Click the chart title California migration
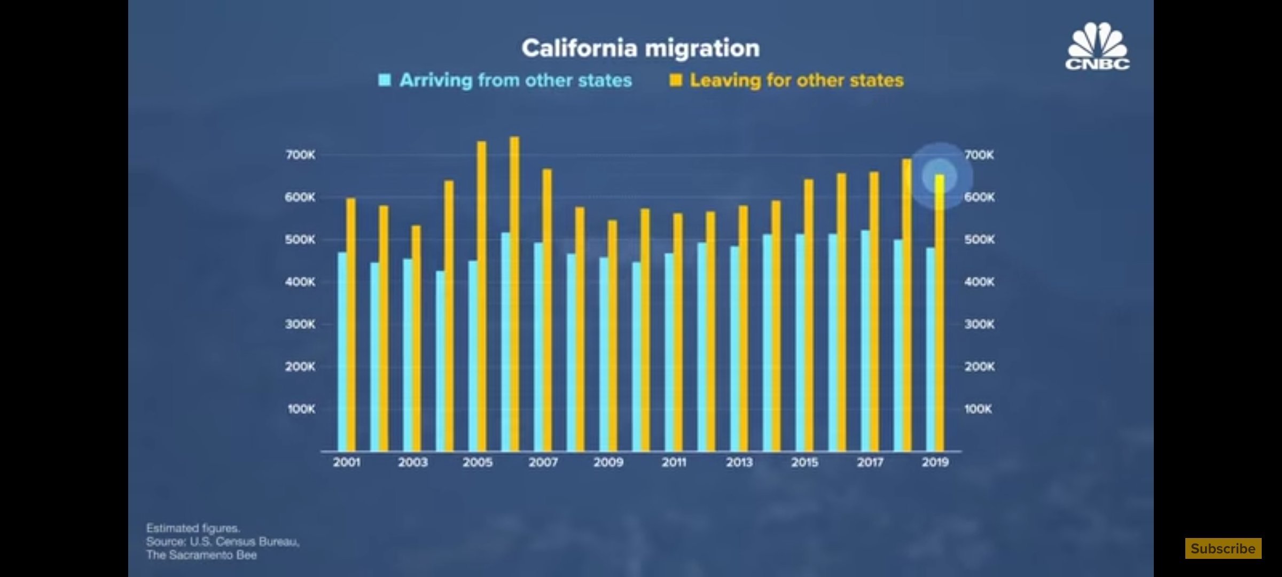[x=640, y=49]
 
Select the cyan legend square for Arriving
[x=385, y=80]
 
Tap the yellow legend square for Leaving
[x=676, y=80]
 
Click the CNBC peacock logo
[x=1097, y=47]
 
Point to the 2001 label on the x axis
[x=347, y=463]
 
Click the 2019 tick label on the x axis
[x=935, y=463]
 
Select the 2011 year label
[x=674, y=463]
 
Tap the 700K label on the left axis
[x=300, y=155]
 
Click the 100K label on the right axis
[x=978, y=409]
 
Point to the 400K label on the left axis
[x=300, y=282]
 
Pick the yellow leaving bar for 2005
[x=481, y=297]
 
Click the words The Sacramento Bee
[x=201, y=555]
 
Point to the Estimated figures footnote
[x=193, y=528]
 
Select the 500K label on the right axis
[x=979, y=240]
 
